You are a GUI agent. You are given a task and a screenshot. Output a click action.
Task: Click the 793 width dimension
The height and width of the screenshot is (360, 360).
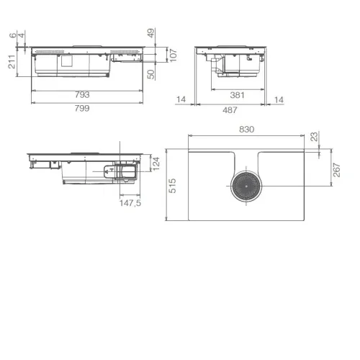pos(82,95)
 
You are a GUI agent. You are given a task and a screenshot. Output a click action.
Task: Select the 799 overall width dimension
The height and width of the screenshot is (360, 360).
pos(82,108)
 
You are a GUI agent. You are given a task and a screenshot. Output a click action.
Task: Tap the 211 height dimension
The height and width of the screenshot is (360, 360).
pos(12,62)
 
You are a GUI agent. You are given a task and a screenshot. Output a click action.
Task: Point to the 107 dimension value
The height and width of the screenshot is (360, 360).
pos(173,55)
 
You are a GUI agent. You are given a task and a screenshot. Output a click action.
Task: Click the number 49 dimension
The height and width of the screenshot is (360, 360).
pos(151,33)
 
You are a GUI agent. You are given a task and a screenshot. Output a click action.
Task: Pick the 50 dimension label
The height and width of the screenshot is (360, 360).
pos(151,74)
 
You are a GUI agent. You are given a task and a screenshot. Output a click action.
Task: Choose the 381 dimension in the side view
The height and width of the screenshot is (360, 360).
pos(237,95)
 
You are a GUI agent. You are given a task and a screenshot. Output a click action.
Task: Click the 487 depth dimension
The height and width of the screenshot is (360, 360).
pos(230,110)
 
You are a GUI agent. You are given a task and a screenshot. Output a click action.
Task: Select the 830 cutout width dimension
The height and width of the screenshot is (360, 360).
pos(246,130)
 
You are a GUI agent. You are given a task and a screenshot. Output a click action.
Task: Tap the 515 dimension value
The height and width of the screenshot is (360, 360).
pos(172,186)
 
